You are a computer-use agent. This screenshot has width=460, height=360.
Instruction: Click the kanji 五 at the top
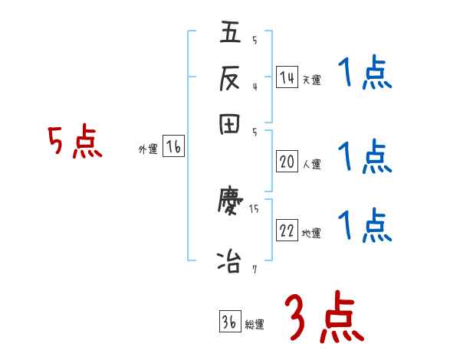click(x=231, y=34)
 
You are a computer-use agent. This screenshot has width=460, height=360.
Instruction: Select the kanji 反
click(x=231, y=78)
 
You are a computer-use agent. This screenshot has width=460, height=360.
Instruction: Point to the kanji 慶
click(x=231, y=203)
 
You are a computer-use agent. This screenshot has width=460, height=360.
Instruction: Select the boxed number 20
click(x=287, y=162)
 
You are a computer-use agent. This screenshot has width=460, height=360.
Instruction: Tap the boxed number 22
click(x=287, y=231)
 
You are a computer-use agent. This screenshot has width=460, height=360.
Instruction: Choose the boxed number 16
click(x=173, y=147)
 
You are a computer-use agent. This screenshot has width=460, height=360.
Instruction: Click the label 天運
click(x=310, y=80)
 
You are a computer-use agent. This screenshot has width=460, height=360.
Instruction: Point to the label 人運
click(x=311, y=164)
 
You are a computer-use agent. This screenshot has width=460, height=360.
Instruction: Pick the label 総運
click(x=255, y=325)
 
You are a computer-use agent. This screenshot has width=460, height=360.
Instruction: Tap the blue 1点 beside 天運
click(x=364, y=75)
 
